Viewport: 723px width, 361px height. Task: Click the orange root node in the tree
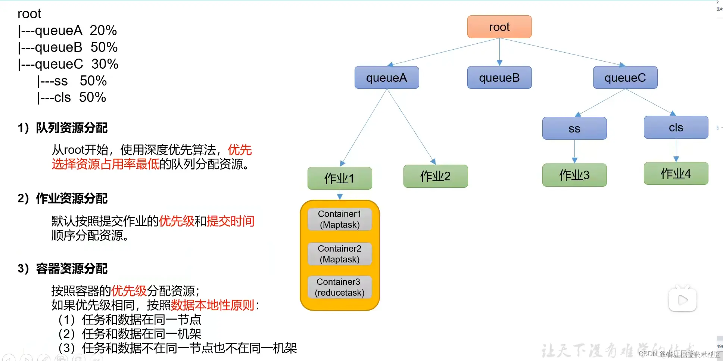coord(499,27)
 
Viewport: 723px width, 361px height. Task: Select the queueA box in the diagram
coord(386,78)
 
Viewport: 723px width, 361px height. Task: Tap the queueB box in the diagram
coord(499,78)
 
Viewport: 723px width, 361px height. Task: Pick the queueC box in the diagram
coord(625,78)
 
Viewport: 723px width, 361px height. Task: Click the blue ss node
coord(574,128)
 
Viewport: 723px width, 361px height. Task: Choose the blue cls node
coord(676,127)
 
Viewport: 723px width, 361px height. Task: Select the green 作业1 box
coord(339,178)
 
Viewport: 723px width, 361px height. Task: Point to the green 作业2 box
coord(435,176)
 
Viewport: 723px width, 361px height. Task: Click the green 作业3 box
coord(574,175)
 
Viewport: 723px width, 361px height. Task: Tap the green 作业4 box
coord(676,173)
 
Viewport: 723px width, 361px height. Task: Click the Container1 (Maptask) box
coord(339,219)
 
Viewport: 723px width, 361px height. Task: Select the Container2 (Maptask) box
coord(339,254)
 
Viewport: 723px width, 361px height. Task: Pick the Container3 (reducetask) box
coord(339,287)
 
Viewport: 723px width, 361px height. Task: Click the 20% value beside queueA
coord(103,30)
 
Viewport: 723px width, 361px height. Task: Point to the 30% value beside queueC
coord(105,64)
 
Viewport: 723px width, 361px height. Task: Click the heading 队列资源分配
coord(71,128)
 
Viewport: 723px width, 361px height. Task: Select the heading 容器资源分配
coord(71,268)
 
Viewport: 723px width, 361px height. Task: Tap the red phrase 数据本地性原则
coord(212,305)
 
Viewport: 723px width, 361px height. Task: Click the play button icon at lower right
coord(682,299)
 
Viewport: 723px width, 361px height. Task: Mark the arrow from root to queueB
coord(499,52)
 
